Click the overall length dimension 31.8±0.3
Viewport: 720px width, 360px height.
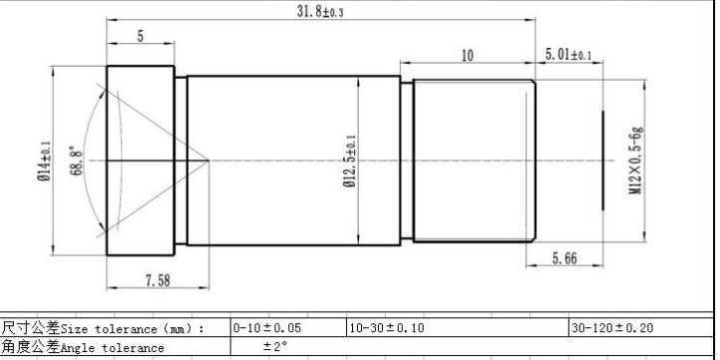point(320,11)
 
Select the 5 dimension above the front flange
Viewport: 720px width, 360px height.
point(141,36)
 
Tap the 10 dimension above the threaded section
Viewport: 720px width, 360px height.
point(467,56)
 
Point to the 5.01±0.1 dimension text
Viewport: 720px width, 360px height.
point(568,55)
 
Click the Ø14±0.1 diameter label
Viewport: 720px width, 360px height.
point(44,161)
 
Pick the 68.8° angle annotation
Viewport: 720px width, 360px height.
point(78,161)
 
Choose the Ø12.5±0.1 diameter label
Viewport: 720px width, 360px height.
point(350,161)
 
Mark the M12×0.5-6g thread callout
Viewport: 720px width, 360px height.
point(635,160)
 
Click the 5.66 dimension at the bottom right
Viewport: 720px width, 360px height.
point(564,258)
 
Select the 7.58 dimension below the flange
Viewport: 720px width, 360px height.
point(158,280)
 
